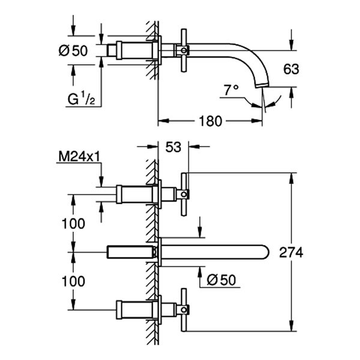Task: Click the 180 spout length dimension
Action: coord(209,121)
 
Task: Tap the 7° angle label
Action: coord(231,90)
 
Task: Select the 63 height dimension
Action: coord(291,69)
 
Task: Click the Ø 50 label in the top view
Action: coord(74,52)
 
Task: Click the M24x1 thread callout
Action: coord(78,157)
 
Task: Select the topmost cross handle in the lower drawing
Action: coord(184,193)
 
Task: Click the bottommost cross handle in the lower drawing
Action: coord(184,310)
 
